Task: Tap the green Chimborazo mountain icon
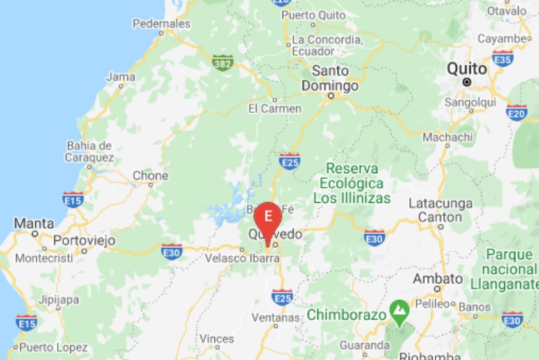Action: [x=398, y=312]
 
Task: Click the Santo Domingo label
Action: [x=335, y=78]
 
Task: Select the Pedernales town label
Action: [x=162, y=24]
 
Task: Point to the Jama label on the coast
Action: [x=120, y=76]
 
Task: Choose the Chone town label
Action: [x=151, y=176]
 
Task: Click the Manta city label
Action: [x=33, y=222]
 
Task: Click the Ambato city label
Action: [x=437, y=279]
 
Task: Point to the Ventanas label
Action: [x=275, y=318]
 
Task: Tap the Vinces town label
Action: [x=217, y=338]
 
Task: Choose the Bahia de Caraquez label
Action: [x=89, y=151]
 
